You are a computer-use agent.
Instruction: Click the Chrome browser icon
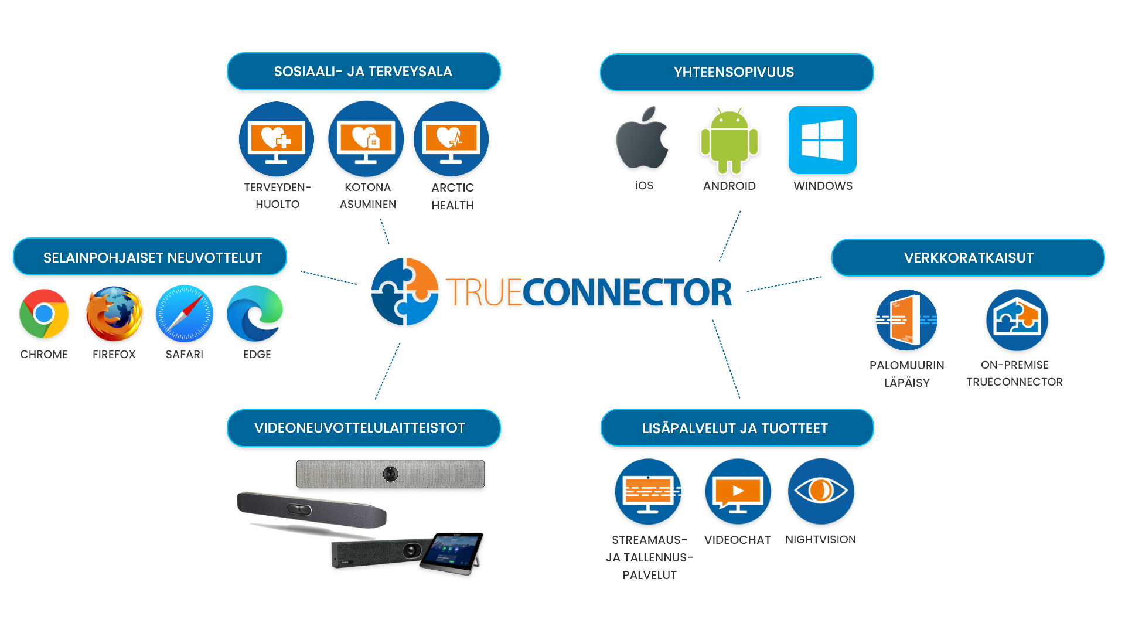click(x=44, y=314)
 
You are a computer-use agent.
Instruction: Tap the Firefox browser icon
click(x=114, y=314)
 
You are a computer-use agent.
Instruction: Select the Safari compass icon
click(x=185, y=314)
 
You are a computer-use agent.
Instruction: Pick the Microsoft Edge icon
click(x=255, y=314)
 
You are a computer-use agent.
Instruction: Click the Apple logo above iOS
click(x=642, y=139)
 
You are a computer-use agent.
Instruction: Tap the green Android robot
click(x=729, y=141)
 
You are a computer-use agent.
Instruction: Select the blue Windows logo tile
click(x=823, y=140)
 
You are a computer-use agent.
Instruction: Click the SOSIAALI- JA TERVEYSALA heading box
click(x=363, y=72)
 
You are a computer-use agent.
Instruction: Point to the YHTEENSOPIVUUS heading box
click(x=737, y=72)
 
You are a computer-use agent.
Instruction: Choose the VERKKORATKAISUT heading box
click(x=968, y=257)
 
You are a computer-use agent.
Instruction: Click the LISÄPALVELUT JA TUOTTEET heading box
click(x=737, y=428)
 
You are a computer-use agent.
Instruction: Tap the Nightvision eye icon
click(x=821, y=491)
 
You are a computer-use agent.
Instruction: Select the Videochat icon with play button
click(x=738, y=491)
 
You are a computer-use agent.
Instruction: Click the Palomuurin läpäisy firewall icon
click(x=906, y=320)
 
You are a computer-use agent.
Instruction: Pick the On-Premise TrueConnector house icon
click(x=1017, y=320)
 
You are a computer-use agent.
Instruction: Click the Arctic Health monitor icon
click(x=451, y=139)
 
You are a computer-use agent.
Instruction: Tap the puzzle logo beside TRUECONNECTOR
click(x=405, y=291)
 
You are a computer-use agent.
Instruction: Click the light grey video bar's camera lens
click(x=390, y=474)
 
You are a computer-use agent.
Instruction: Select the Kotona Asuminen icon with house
click(x=366, y=139)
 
